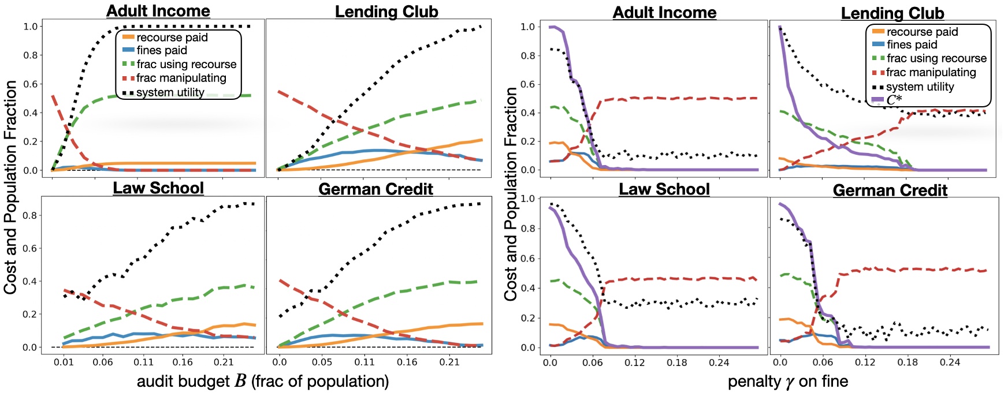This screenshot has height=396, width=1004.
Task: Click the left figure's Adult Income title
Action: point(158,10)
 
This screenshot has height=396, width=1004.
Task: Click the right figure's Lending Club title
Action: point(892,13)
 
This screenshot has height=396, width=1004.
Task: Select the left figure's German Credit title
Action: point(375,189)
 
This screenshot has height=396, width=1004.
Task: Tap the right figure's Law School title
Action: point(664,189)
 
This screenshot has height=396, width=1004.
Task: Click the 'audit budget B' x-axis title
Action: point(262,381)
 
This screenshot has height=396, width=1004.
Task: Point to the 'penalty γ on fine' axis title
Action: point(787,381)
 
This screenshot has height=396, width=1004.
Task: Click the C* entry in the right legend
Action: point(894,100)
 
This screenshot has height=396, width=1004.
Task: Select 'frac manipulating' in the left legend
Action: point(181,78)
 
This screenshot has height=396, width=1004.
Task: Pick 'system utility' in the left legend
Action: point(170,92)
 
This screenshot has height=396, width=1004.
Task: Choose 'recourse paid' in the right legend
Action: point(922,32)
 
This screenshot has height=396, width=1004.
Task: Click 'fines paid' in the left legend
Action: point(162,50)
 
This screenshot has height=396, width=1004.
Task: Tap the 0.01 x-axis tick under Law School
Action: point(64,362)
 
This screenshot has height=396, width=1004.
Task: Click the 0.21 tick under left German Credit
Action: point(449,362)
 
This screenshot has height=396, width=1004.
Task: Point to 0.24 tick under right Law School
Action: point(719,363)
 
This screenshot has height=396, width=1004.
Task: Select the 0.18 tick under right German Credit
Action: point(907,363)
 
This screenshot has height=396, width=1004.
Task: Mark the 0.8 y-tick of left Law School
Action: point(30,215)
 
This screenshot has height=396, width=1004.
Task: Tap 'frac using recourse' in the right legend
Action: point(936,58)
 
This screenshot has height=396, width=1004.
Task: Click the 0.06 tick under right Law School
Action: point(592,363)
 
